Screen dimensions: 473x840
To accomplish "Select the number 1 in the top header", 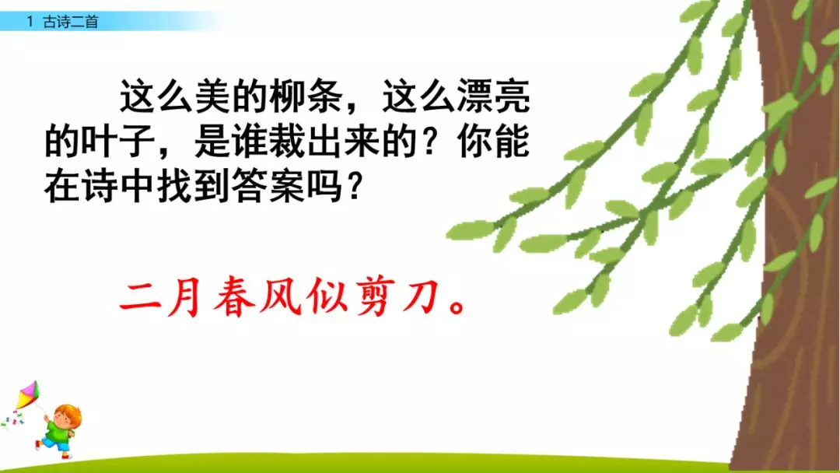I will click(x=30, y=23).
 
